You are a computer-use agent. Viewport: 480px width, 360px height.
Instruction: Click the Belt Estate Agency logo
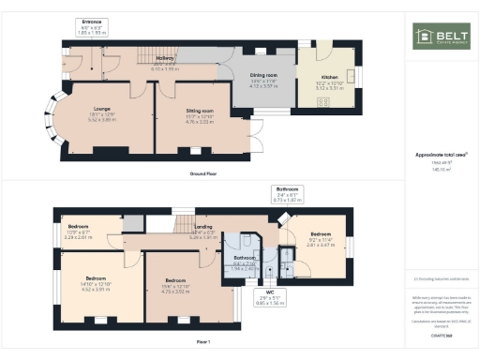point(442,37)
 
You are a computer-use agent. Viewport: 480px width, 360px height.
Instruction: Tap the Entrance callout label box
point(92,26)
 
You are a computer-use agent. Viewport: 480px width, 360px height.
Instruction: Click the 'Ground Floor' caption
point(204,173)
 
